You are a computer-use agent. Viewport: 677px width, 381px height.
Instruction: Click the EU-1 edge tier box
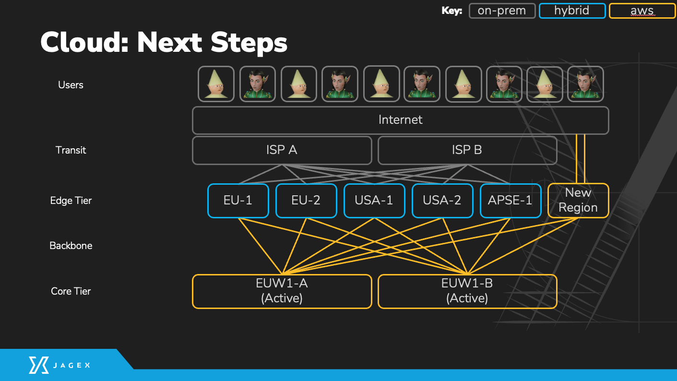pos(238,201)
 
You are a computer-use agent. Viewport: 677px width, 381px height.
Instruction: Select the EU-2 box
pos(306,201)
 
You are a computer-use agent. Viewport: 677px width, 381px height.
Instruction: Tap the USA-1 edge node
pos(374,201)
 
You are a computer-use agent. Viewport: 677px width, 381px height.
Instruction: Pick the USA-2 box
pos(442,201)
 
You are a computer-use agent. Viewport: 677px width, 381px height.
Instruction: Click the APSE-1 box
pos(511,201)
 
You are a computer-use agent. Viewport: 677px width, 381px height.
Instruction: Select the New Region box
pos(578,201)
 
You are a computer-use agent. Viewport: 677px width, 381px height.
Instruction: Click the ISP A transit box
pos(282,150)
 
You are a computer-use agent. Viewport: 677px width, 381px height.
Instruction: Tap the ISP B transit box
pos(467,150)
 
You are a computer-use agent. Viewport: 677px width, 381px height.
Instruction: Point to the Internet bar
pos(401,120)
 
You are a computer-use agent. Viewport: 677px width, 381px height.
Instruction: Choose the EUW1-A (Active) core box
pos(282,291)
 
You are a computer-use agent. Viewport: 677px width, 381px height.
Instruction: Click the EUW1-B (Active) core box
pos(467,291)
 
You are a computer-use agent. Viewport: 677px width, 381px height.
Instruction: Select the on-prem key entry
pos(502,11)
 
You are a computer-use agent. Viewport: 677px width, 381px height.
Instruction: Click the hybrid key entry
pos(572,11)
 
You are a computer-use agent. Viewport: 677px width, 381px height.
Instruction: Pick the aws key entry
pos(642,11)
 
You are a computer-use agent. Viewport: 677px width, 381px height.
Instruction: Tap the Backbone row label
pos(71,246)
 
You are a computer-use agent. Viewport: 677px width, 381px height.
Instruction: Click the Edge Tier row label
pos(71,201)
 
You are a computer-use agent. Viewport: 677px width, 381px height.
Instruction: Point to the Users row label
pos(71,85)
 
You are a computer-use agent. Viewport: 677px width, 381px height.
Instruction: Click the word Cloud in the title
pos(85,42)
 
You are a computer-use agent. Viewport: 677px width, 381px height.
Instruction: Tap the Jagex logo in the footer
pos(59,365)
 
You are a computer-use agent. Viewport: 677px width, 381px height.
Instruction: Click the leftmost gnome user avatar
pos(216,84)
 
